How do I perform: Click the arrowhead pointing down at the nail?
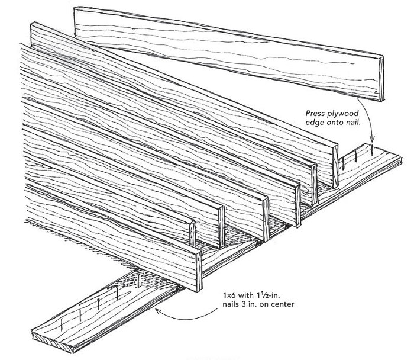[371, 141]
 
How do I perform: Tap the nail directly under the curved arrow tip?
[371, 151]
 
